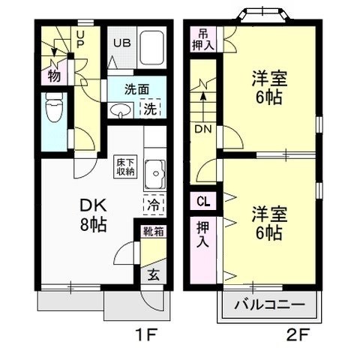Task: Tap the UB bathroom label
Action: pos(121,42)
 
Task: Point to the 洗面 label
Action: pos(136,89)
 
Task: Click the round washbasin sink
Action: pos(121,111)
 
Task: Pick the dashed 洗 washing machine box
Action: pos(151,108)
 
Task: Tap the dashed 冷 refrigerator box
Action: pos(152,204)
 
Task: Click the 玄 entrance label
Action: pos(153,274)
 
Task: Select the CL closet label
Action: pos(203,201)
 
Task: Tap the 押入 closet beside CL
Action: pos(203,233)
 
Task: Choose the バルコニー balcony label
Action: pos(269,306)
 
